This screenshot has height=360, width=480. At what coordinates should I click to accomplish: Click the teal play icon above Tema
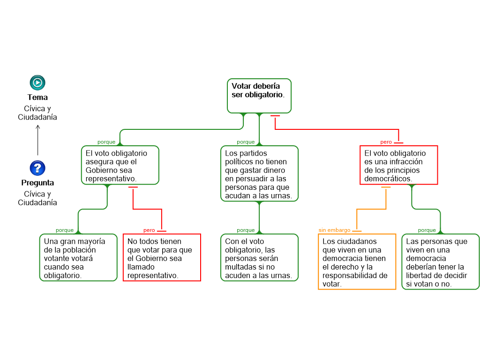point(37,82)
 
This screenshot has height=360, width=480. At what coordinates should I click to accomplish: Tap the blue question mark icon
point(37,168)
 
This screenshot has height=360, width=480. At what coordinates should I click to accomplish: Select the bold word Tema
point(37,97)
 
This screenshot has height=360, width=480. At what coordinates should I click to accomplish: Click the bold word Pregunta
point(37,183)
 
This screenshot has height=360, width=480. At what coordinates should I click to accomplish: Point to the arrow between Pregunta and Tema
point(37,140)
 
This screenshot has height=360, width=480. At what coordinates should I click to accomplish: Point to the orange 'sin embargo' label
point(334,230)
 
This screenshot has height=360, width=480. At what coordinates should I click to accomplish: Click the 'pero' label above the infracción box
point(386,142)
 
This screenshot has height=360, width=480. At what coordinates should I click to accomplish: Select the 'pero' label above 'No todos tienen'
point(149,230)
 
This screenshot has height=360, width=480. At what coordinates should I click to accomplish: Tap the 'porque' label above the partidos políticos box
point(246,142)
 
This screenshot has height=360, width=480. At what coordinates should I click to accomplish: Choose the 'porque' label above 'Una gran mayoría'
point(65,230)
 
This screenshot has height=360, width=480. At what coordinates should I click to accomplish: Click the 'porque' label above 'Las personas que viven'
point(427,230)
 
